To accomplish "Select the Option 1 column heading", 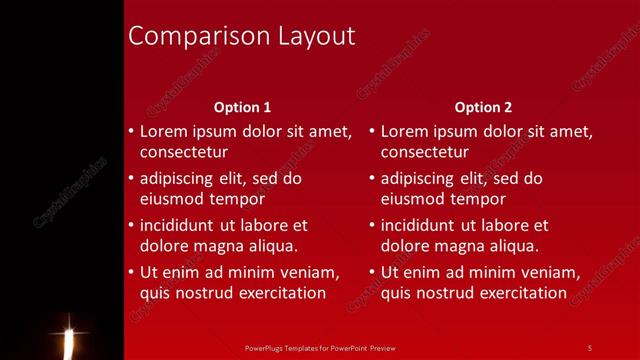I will (243, 107).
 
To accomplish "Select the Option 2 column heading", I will (483, 107).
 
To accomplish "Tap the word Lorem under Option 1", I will (163, 131).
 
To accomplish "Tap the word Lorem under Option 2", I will (404, 131).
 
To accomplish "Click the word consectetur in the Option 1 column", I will (184, 153).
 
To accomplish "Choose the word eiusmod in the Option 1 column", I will (173, 199).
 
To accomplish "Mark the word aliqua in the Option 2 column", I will (511, 246).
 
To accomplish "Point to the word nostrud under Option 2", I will (446, 293).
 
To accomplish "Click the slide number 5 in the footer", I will (589, 348).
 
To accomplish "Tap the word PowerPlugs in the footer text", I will (263, 348).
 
